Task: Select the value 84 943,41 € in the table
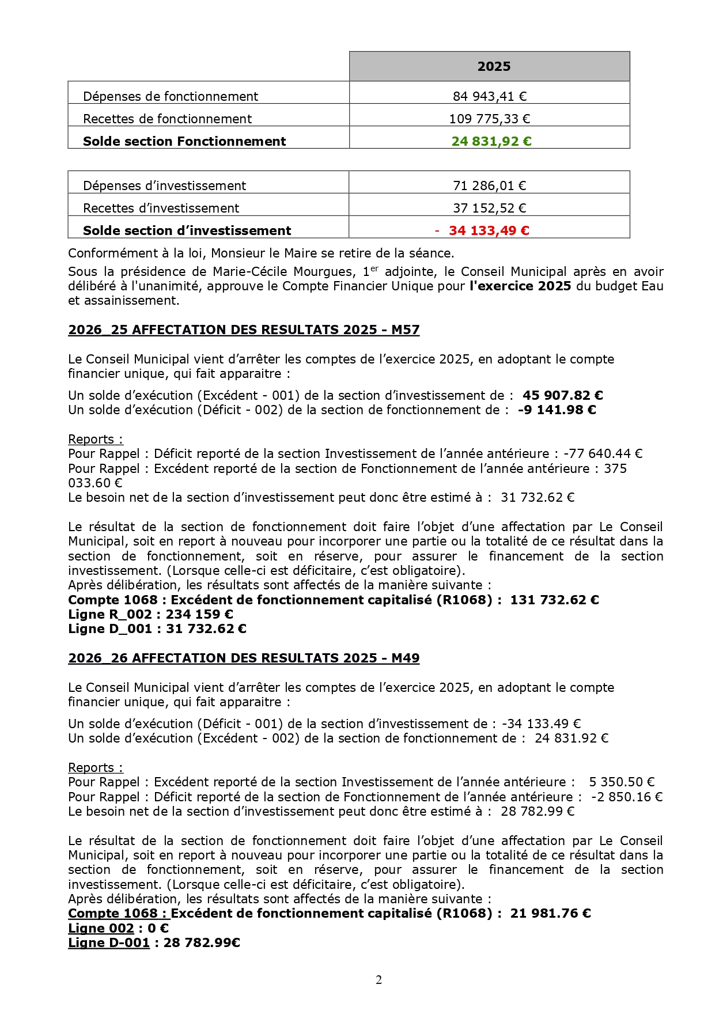[x=489, y=96]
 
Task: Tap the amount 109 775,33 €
[x=489, y=119]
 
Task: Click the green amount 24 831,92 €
[x=491, y=141]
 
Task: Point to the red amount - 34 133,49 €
[x=482, y=230]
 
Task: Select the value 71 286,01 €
[x=489, y=185]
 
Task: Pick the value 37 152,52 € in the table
[x=489, y=208]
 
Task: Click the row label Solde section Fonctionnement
[x=184, y=141]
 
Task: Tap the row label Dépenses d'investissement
[x=164, y=185]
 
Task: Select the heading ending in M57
[x=244, y=330]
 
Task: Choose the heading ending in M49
[x=244, y=658]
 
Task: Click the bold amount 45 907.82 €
[x=562, y=395]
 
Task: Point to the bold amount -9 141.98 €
[x=557, y=410]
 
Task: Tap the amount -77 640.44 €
[x=603, y=453]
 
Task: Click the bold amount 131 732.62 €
[x=554, y=600]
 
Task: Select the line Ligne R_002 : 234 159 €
[x=150, y=614]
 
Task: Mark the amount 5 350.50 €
[x=621, y=782]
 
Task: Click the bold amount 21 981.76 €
[x=550, y=913]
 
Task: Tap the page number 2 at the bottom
[x=379, y=979]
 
